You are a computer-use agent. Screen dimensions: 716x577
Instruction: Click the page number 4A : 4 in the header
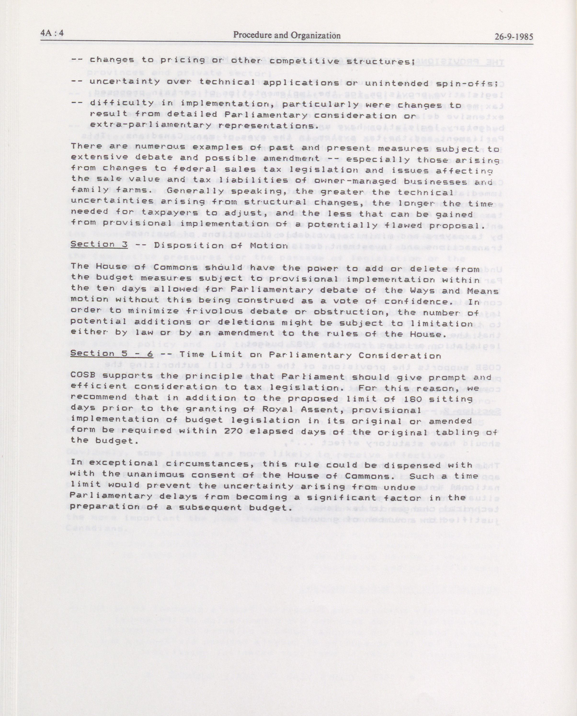point(52,35)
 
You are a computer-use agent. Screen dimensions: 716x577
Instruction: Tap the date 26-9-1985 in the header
point(514,36)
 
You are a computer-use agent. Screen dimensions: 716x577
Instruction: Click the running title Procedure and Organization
point(287,35)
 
